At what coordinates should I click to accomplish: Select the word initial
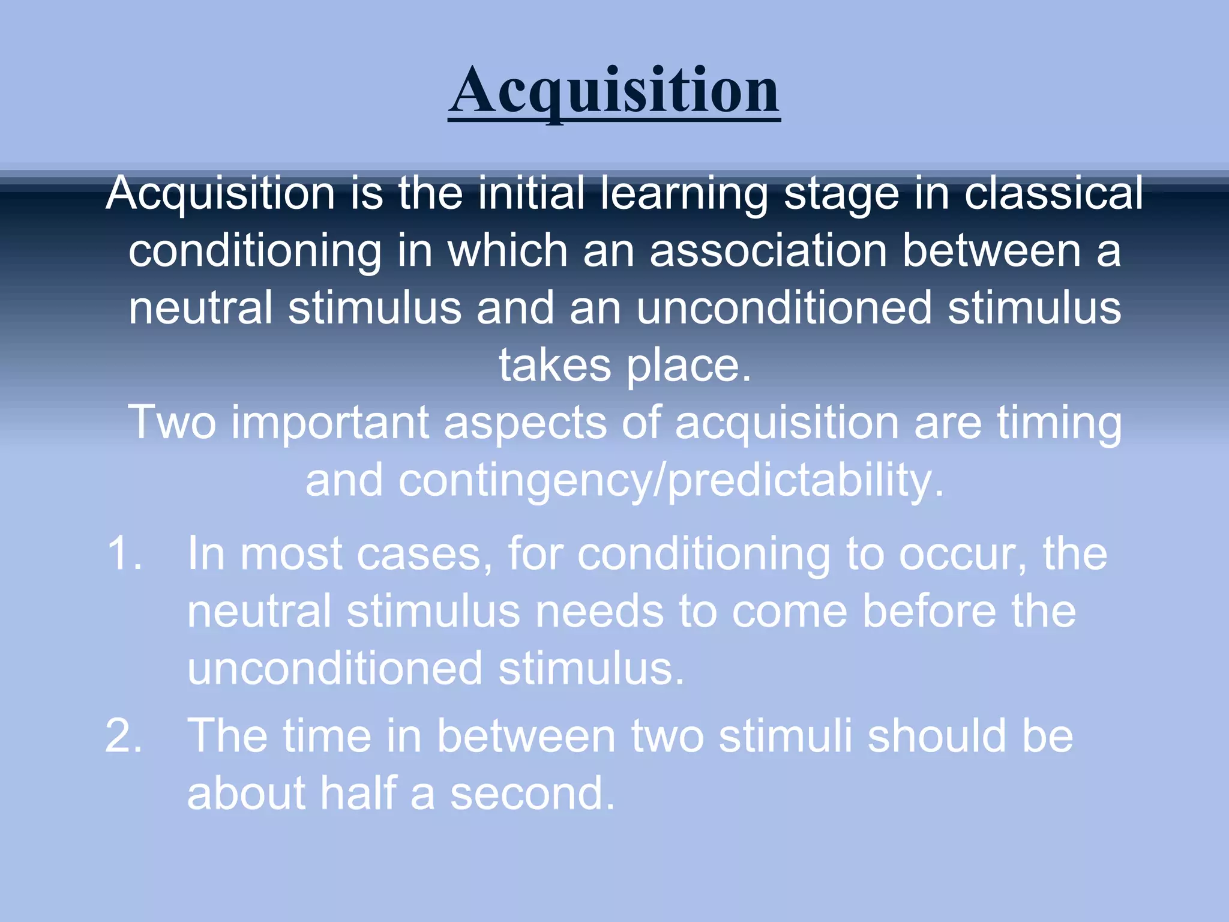coord(530,193)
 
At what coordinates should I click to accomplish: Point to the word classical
coord(1053,193)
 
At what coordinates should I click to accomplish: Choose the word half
coord(358,793)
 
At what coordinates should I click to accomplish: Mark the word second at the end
coord(532,793)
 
